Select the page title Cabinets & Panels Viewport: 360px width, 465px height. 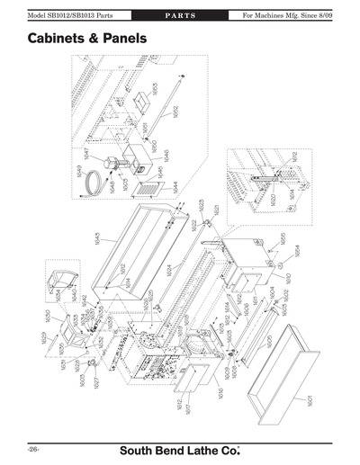[x=87, y=40]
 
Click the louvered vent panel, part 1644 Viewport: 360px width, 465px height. [x=150, y=189]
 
